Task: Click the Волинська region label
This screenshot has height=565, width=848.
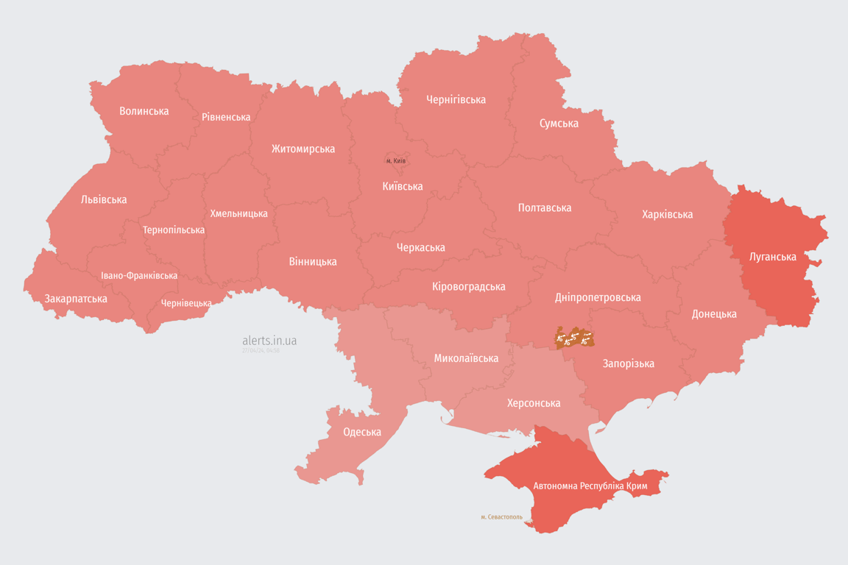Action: click(144, 111)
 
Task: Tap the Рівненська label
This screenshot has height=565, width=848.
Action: click(226, 117)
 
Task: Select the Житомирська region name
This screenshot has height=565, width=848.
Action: click(303, 149)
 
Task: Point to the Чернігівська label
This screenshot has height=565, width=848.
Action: click(456, 99)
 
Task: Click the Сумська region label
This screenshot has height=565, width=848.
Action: click(559, 123)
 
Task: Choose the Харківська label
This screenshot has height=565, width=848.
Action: click(667, 214)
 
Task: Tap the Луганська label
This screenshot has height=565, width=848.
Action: click(772, 257)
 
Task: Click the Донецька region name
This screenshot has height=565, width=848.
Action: click(714, 313)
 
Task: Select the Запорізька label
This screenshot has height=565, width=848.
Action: click(628, 363)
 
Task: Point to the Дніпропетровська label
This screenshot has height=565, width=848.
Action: click(597, 297)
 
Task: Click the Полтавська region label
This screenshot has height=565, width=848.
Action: click(545, 207)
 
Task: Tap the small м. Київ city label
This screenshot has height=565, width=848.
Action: click(395, 160)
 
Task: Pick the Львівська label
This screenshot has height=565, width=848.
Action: click(104, 199)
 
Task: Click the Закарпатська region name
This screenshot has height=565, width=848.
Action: click(76, 299)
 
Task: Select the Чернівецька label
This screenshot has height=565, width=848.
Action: click(186, 303)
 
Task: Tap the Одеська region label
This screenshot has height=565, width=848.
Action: click(362, 432)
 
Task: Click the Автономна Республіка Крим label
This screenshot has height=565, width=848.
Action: click(590, 486)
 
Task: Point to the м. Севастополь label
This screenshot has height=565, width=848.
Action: click(501, 517)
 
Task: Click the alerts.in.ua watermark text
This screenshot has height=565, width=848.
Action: click(269, 341)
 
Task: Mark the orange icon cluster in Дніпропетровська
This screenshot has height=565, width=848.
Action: click(574, 338)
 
